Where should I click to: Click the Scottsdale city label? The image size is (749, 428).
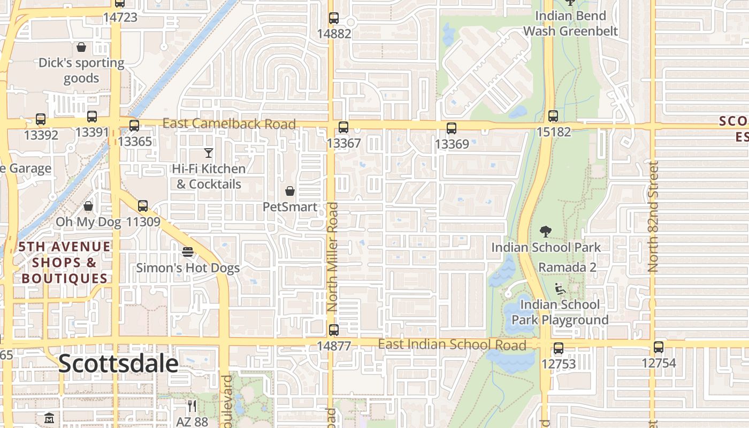click(x=118, y=364)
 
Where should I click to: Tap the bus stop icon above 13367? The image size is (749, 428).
click(x=343, y=127)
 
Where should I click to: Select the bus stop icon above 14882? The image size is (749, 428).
click(x=334, y=18)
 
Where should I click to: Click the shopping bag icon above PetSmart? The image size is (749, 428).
click(x=290, y=191)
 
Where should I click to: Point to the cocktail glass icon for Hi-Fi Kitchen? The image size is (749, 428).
click(x=209, y=153)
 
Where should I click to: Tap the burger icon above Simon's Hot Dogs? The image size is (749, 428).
click(x=188, y=251)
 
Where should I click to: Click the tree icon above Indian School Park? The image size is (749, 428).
click(x=546, y=232)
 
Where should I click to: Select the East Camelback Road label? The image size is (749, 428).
click(x=229, y=124)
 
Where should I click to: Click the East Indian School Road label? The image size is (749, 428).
click(x=452, y=345)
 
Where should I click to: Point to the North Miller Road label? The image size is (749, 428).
click(x=333, y=257)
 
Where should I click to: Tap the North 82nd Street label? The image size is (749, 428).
click(x=653, y=217)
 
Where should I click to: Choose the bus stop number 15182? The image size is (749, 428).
click(x=553, y=131)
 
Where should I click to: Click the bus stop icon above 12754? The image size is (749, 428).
click(x=659, y=347)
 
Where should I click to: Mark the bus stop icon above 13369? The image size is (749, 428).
click(x=452, y=128)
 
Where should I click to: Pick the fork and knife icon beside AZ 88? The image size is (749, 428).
click(x=192, y=406)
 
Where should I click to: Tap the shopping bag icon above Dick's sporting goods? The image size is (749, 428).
click(x=81, y=48)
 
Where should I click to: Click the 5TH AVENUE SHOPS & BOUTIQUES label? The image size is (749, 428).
click(x=65, y=263)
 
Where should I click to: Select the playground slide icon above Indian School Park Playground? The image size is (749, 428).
click(x=560, y=289)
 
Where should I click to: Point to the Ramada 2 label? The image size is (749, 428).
click(x=567, y=267)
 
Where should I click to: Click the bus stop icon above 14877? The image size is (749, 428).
click(x=334, y=330)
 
